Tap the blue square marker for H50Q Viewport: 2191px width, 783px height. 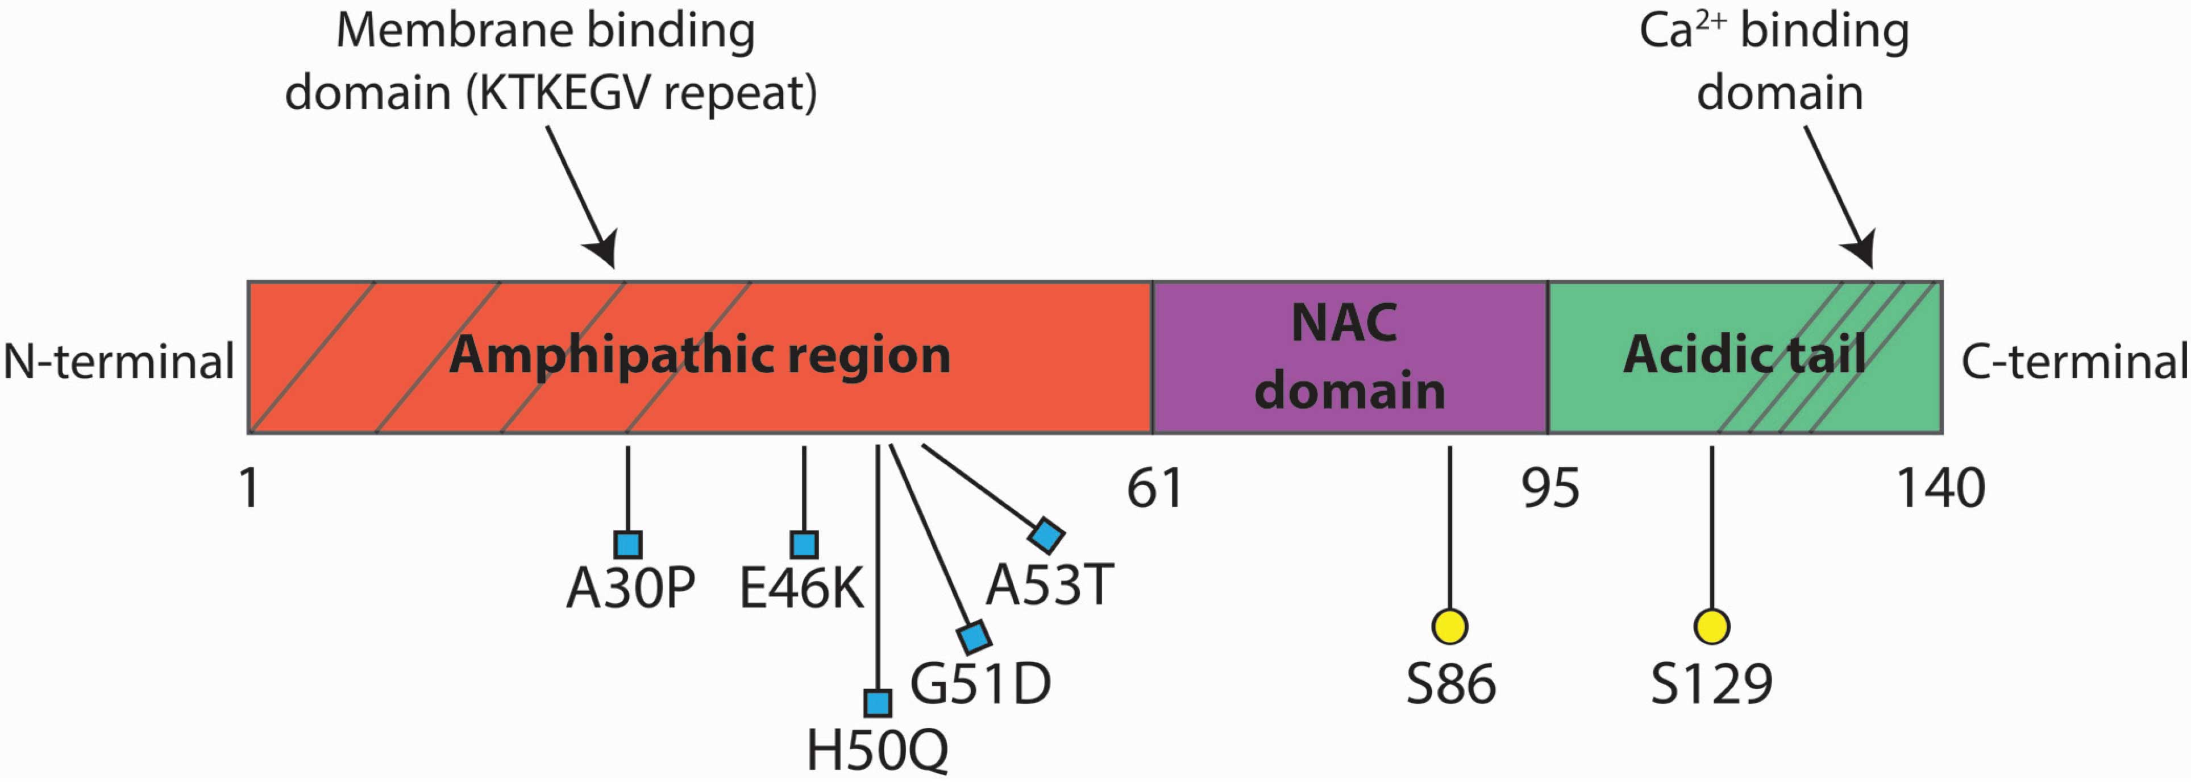(x=877, y=703)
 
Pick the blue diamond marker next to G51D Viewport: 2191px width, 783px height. (x=974, y=637)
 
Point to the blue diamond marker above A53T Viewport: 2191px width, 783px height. (x=1046, y=535)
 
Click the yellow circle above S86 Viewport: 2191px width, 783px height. (x=1450, y=627)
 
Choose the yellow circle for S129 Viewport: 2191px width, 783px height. (x=1712, y=627)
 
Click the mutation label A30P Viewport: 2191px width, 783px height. (x=630, y=588)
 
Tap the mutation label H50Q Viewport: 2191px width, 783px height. (x=877, y=751)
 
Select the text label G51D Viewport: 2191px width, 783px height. (x=980, y=683)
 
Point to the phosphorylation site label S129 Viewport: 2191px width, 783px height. (x=1711, y=683)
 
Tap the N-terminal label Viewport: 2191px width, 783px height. (x=118, y=362)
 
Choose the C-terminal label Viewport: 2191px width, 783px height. (x=2073, y=362)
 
